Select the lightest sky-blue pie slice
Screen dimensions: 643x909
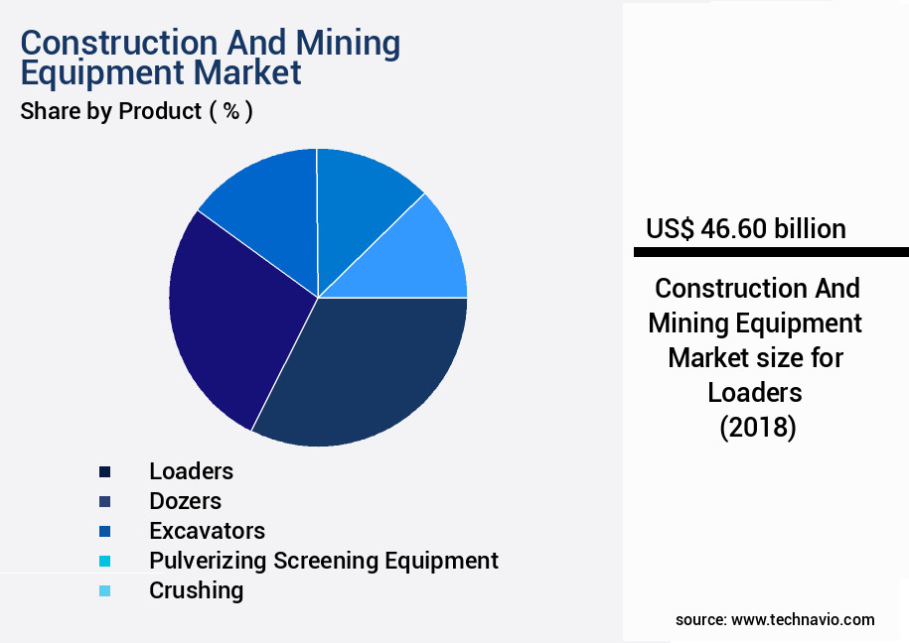tap(422, 253)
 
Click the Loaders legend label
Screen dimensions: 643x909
tap(191, 471)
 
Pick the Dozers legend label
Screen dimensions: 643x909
tap(185, 501)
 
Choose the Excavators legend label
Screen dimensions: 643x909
tap(207, 531)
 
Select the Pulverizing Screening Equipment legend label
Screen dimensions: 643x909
tap(323, 561)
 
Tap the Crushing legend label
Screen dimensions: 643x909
tap(196, 590)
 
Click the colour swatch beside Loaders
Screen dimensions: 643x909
tap(104, 471)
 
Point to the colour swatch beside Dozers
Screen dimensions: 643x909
tap(104, 501)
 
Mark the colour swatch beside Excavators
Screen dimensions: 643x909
tap(104, 531)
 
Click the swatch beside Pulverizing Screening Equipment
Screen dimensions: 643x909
tap(104, 561)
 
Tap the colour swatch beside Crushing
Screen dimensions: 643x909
tap(104, 590)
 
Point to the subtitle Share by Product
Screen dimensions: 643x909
tap(110, 111)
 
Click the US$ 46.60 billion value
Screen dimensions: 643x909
tap(745, 229)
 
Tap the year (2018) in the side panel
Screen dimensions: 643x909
tap(756, 427)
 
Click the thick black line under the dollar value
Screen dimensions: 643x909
tap(771, 252)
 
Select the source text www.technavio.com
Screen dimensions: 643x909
tap(803, 619)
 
